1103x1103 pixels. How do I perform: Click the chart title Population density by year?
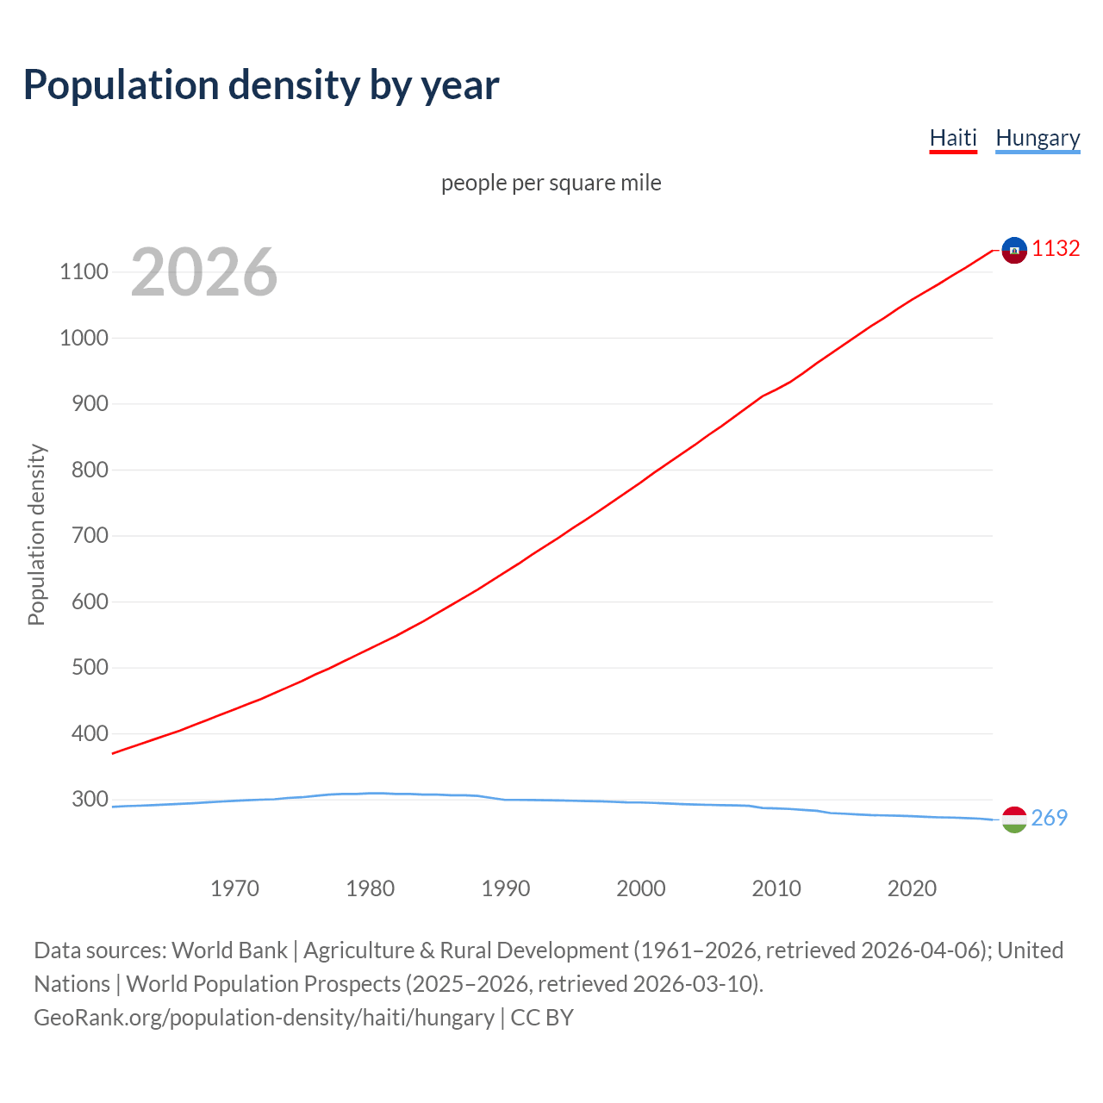(261, 85)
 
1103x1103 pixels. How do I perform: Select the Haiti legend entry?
(953, 138)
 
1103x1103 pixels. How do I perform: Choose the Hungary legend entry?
(1038, 138)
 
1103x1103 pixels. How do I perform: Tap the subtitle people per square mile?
(551, 183)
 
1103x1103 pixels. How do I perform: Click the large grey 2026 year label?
(204, 272)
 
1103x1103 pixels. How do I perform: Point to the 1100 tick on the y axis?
(84, 272)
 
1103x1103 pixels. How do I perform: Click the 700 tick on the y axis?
(90, 536)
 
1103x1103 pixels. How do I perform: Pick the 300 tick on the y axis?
(90, 799)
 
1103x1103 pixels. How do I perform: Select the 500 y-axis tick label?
(90, 668)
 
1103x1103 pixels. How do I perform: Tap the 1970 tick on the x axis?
(235, 888)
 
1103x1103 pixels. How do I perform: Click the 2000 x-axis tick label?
(641, 888)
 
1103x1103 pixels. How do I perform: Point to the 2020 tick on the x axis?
(912, 888)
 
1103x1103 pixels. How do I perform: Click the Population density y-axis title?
(36, 534)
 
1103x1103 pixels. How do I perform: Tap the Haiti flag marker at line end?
(1014, 250)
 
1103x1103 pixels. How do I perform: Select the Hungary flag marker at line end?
(1014, 819)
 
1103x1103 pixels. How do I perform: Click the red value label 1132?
(1056, 249)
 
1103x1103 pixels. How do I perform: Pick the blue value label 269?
(1049, 818)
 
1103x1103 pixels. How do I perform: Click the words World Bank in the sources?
(229, 950)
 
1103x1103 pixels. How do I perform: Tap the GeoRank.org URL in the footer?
(264, 1018)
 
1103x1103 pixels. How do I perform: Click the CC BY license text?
(542, 1018)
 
